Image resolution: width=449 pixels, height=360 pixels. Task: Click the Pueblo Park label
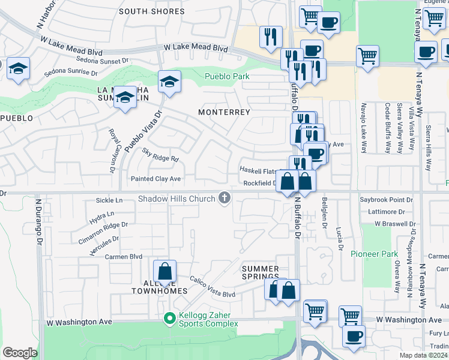(x=227, y=76)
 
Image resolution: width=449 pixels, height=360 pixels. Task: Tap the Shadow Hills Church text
(x=176, y=199)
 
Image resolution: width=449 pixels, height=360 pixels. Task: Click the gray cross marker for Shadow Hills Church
(x=224, y=198)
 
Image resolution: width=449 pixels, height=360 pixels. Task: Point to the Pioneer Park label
(x=374, y=254)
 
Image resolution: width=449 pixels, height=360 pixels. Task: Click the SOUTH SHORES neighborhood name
(x=152, y=11)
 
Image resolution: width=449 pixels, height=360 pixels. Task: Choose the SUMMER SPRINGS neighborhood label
(x=261, y=272)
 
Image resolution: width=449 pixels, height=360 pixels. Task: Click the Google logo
(x=20, y=352)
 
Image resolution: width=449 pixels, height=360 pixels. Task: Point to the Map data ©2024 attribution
(x=424, y=355)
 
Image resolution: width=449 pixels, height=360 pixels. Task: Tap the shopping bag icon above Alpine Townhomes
(x=164, y=271)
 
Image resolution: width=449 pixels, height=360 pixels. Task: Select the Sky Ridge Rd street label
(x=160, y=155)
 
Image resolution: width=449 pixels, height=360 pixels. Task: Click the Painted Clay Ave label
(x=155, y=179)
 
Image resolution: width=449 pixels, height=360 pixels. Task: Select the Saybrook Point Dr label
(x=387, y=199)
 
